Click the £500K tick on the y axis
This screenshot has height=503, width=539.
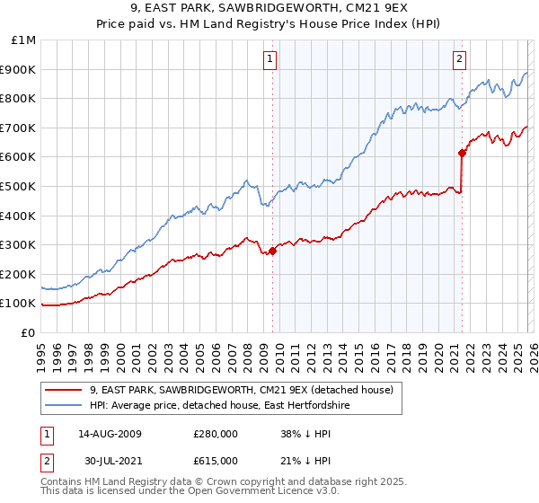point(20,186)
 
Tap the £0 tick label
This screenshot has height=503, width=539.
point(29,332)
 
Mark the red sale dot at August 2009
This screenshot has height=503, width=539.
point(272,251)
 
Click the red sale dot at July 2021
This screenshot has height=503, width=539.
point(462,153)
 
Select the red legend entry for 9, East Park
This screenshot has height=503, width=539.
point(241,390)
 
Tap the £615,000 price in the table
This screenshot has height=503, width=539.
point(216,461)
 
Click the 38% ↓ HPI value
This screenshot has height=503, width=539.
point(306,434)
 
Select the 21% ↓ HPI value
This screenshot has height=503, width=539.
point(306,461)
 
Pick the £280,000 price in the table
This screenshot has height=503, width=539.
point(216,434)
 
